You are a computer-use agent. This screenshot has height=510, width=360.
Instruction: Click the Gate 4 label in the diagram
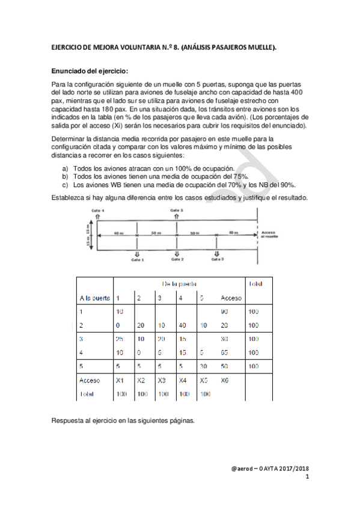coord(98,210)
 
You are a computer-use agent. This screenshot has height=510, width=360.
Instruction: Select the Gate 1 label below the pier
coord(138,260)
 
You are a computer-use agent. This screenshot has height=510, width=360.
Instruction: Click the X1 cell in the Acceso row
coord(120,380)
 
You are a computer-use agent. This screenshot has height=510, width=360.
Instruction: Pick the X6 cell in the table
coord(225,380)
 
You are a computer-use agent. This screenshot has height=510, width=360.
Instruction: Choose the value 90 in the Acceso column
coord(225,312)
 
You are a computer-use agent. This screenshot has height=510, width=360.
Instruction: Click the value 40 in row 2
coord(182,325)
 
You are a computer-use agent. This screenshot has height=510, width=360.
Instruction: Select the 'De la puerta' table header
coord(180,283)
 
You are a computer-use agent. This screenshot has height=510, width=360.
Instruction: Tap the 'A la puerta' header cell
coord(94,298)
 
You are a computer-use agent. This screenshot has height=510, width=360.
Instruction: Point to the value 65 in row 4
coord(225,352)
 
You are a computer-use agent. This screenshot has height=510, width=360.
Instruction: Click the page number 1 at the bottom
coord(307,477)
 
